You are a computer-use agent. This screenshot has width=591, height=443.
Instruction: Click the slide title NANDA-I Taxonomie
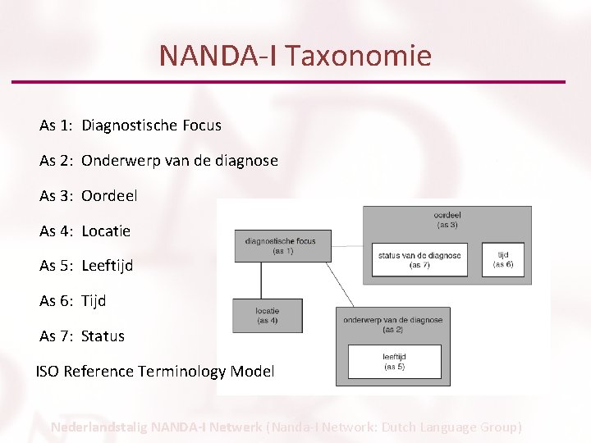(295, 56)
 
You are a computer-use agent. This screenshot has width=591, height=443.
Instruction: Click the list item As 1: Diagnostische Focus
(131, 126)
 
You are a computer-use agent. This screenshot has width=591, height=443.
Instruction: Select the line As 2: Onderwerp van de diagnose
(158, 161)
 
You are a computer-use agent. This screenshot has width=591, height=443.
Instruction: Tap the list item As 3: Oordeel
(89, 196)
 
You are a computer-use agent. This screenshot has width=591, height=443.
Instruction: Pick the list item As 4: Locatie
(85, 231)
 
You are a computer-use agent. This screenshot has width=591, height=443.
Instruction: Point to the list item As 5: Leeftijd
(86, 266)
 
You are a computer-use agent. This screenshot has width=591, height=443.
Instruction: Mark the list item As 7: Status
(82, 336)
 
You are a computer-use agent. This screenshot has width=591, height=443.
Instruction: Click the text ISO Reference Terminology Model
(155, 372)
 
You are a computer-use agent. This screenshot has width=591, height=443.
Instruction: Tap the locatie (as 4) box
(268, 315)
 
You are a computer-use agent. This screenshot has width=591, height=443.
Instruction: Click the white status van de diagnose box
(419, 260)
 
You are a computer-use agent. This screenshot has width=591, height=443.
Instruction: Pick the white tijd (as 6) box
(503, 260)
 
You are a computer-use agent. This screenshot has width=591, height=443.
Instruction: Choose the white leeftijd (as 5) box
(394, 362)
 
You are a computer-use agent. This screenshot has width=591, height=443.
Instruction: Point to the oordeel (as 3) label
(447, 219)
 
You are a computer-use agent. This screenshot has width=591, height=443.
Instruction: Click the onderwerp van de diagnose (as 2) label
(392, 324)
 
